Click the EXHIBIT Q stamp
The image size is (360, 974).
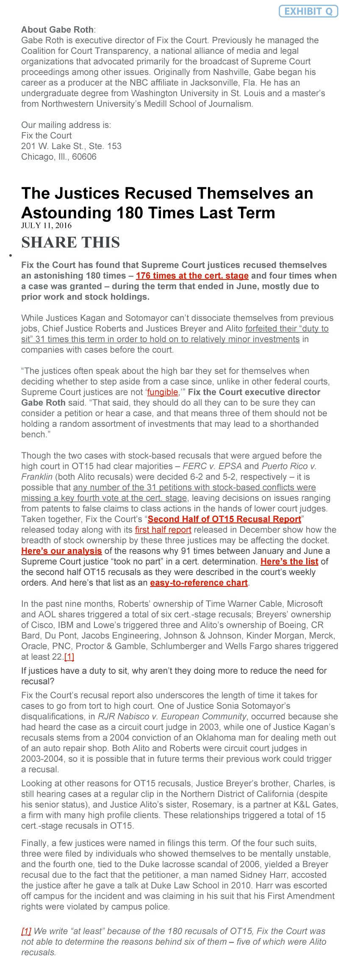pos(308,11)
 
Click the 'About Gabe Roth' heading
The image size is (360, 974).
pos(58,30)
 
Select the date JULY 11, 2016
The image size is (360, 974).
pos(47,225)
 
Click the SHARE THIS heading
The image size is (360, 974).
pos(71,242)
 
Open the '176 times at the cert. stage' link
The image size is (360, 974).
pos(192,276)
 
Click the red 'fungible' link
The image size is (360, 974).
pos(163,392)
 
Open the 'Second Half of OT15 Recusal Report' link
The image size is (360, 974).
pos(224,519)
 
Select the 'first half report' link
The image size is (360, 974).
pos(163,530)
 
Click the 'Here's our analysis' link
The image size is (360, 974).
pos(61,551)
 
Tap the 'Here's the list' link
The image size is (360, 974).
pos(289,562)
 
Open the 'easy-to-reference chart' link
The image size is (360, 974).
pos(199,583)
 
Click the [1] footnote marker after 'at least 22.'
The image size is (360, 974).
pos(69,657)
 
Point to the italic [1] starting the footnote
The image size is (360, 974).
pos(26,931)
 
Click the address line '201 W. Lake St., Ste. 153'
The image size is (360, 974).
pos(71,146)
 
